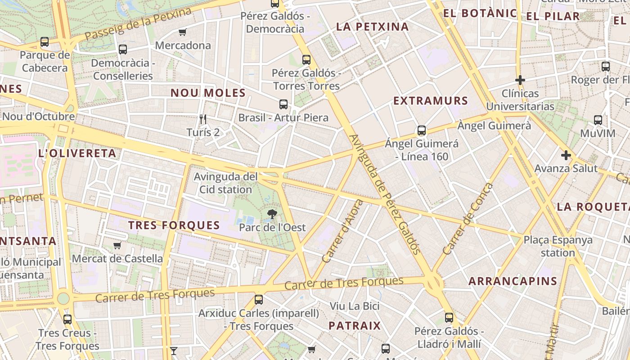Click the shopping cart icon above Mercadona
point(182,32)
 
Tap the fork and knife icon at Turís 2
point(203,119)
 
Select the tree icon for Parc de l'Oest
point(272,214)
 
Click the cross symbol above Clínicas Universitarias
point(520,80)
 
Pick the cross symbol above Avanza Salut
point(566,156)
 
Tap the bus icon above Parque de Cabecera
point(45,42)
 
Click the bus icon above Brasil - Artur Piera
point(283,104)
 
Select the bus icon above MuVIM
point(598,120)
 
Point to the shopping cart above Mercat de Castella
point(117,245)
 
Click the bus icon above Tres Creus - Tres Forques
point(67,319)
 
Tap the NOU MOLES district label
point(208,93)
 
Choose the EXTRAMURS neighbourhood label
point(431,101)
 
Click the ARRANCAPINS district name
point(513,281)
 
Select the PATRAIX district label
point(355,325)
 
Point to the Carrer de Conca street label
point(468,219)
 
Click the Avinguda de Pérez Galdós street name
point(384,194)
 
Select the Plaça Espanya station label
point(558,246)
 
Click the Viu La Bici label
point(355,306)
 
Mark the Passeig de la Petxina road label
point(139,23)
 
